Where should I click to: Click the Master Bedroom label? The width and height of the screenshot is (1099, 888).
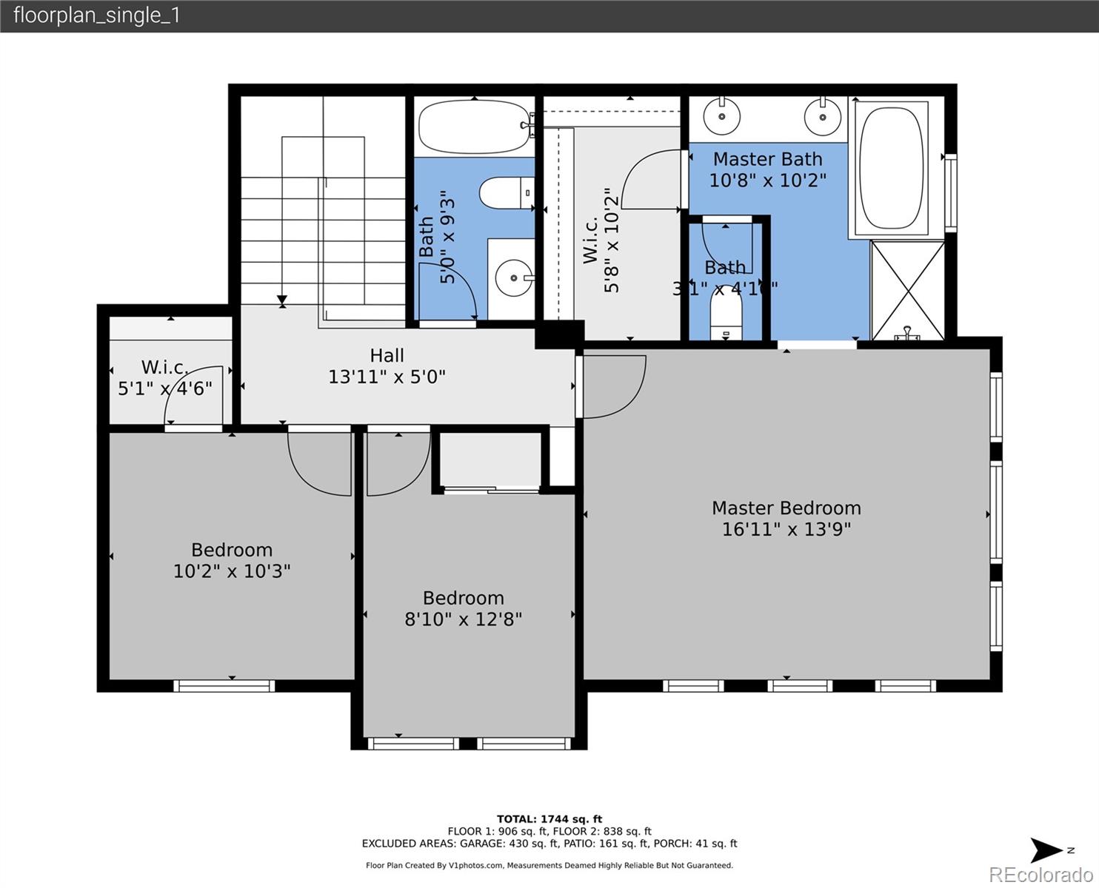point(786,508)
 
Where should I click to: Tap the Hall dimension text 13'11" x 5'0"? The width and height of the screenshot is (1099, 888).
point(387,377)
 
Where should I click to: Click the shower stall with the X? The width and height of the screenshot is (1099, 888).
point(907,290)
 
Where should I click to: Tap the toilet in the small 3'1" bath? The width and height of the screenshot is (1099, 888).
point(726,314)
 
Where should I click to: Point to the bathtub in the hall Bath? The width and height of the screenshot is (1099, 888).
point(472,127)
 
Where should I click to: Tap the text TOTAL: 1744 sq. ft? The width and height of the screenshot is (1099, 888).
point(549,819)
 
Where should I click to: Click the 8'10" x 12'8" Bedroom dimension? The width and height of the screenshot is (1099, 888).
point(463,619)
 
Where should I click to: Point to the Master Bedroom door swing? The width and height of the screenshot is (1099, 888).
point(613,386)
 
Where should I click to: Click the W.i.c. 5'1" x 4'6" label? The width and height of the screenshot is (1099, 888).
point(165,378)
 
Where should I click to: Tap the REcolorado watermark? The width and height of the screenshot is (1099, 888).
point(1040,875)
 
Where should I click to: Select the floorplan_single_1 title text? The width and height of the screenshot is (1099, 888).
point(97,16)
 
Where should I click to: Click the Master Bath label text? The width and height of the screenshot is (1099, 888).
point(767,159)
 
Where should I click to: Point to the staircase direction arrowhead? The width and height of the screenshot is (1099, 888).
point(282,301)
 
